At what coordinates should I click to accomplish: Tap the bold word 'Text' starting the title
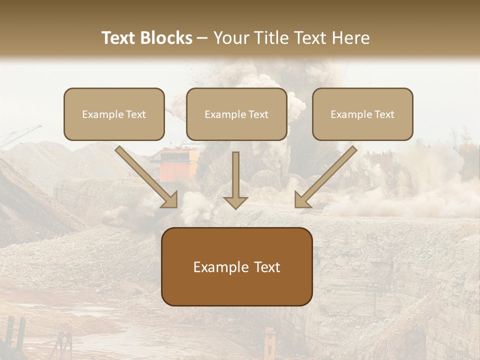coord(118,38)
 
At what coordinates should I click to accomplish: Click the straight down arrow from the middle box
coord(235,175)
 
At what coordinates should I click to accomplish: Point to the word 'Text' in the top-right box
coord(384,114)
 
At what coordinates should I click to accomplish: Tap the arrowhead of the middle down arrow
coord(235,202)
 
